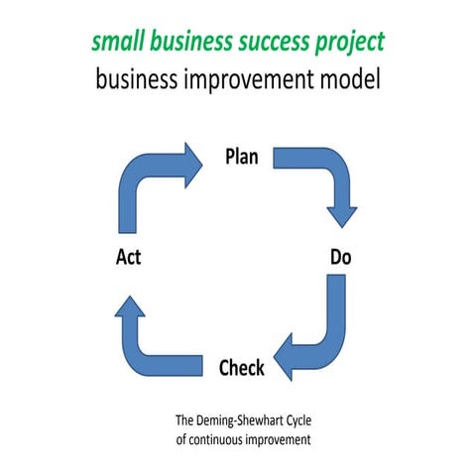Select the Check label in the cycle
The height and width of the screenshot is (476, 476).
[241, 368]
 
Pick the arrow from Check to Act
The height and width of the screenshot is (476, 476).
[149, 342]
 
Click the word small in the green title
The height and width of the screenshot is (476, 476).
[116, 43]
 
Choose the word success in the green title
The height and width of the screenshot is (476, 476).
[287, 43]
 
